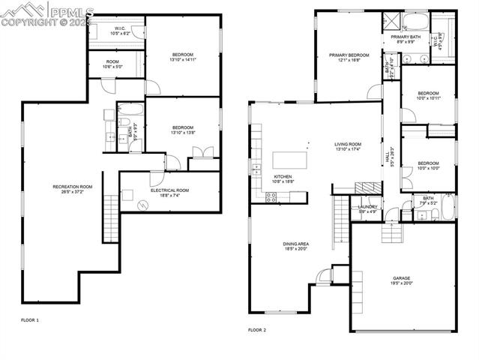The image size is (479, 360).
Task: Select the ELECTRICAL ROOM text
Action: (169, 191)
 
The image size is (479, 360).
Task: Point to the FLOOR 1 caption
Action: (30, 320)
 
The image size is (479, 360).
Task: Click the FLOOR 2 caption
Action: (257, 329)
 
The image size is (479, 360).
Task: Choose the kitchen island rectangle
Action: (291, 160)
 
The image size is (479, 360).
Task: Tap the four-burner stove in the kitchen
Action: (271, 197)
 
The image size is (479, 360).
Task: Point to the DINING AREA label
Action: (295, 245)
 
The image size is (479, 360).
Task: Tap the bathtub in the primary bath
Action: (416, 20)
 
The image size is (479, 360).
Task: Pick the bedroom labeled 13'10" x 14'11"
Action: (183, 56)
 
